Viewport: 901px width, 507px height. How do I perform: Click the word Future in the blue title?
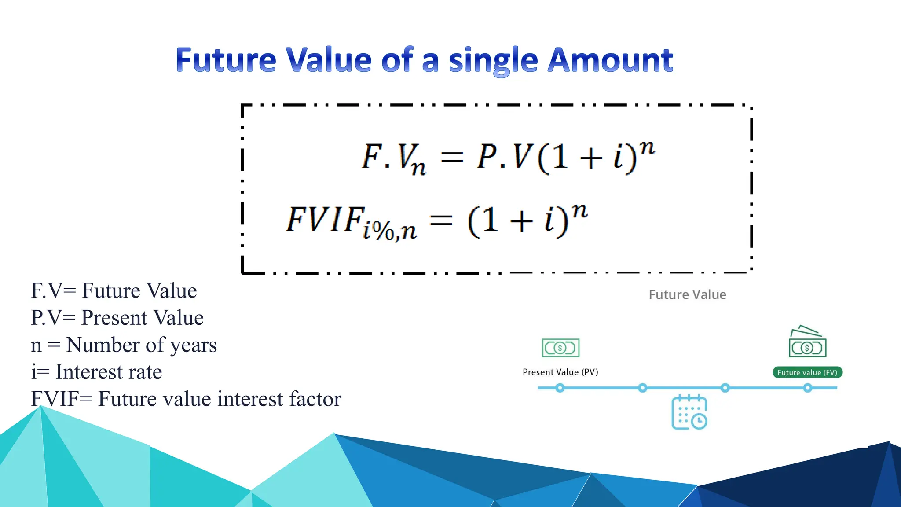(225, 60)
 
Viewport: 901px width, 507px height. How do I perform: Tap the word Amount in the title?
(610, 60)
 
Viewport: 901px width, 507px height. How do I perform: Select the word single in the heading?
(493, 62)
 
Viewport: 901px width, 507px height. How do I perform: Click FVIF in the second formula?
(326, 220)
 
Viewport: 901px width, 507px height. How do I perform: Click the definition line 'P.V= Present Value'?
(117, 318)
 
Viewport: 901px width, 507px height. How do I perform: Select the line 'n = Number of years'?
(124, 345)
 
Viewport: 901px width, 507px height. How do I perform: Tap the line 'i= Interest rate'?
(96, 372)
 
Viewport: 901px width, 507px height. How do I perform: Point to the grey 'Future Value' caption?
(687, 294)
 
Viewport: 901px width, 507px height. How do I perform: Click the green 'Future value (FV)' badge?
(807, 372)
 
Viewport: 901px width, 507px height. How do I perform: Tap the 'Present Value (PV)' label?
(560, 372)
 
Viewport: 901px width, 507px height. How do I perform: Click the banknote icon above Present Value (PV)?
(560, 348)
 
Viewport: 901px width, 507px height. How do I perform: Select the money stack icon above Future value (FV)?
(807, 342)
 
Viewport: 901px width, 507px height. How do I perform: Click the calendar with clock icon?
(689, 412)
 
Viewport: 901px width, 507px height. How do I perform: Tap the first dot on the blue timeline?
(560, 388)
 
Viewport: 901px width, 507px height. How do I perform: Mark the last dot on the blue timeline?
(808, 388)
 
